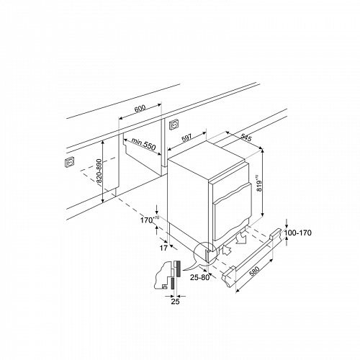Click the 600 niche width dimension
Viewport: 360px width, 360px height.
coord(140,109)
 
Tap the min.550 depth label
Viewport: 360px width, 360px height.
coord(143,144)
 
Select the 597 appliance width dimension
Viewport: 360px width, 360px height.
coord(187,138)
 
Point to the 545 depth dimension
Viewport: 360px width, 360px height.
coord(246,137)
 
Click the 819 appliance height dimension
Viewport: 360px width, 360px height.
coord(258,184)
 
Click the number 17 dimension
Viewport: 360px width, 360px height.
coord(163,248)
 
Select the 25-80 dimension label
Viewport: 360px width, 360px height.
coord(199,277)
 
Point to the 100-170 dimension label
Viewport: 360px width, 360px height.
coord(297,233)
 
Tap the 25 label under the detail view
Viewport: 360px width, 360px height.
coord(175,302)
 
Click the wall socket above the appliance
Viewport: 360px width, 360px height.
coord(174,125)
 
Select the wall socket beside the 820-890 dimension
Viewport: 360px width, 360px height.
coord(70,161)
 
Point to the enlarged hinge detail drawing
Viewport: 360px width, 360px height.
coord(167,275)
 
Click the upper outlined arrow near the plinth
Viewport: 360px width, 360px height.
coord(240,238)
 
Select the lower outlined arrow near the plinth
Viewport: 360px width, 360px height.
coord(227,251)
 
